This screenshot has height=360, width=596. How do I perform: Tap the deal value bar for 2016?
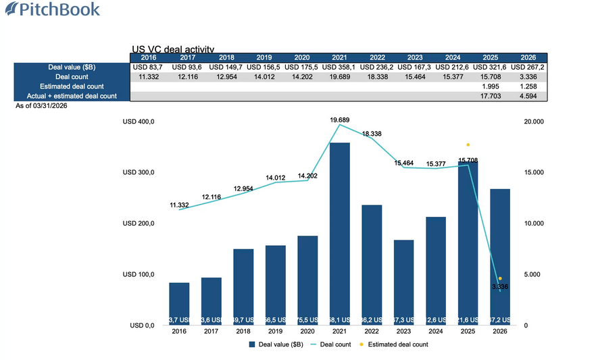click(x=179, y=304)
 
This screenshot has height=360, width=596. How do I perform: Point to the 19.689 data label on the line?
click(x=339, y=120)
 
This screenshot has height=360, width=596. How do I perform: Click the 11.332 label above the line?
click(x=178, y=204)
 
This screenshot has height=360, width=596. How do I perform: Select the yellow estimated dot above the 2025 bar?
click(x=468, y=145)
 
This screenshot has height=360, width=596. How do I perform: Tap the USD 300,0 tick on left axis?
click(x=139, y=172)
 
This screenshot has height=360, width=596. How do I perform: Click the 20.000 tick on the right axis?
click(x=535, y=122)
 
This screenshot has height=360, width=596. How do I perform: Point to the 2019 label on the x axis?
click(x=275, y=332)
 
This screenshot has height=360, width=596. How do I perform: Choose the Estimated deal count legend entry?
click(x=395, y=344)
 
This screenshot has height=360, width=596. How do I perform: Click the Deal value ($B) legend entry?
click(x=275, y=344)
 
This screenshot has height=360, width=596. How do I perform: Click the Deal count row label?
click(x=71, y=77)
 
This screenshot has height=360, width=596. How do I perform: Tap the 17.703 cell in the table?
click(x=490, y=96)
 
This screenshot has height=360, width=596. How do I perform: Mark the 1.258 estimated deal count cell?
click(x=528, y=86)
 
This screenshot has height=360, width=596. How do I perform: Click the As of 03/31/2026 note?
click(x=41, y=106)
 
